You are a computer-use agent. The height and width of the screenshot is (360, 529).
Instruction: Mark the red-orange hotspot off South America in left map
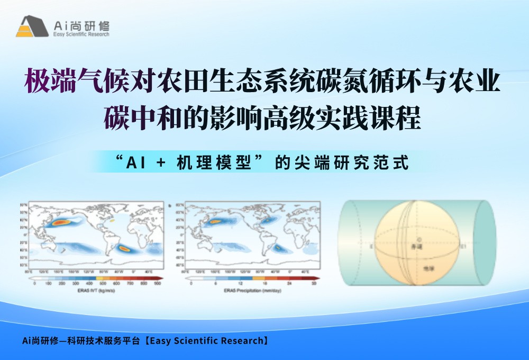click(x=125, y=248)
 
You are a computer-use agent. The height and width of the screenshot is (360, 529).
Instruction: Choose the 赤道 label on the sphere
click(x=420, y=247)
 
